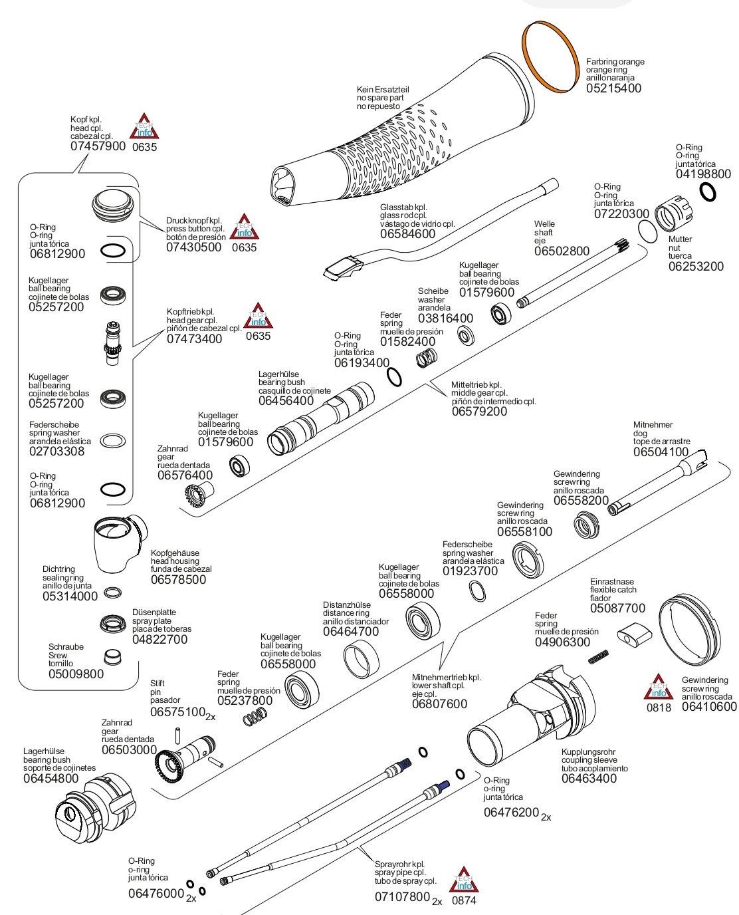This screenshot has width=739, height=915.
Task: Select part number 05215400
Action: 613,88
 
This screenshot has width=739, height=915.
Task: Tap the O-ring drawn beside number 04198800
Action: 708,192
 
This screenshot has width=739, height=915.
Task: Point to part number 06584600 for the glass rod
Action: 407,234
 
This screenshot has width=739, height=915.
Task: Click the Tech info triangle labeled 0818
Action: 658,689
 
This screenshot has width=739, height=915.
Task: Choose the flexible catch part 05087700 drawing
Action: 633,636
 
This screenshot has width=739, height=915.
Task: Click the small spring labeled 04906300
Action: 599,656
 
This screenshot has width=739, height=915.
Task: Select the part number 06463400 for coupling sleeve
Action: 589,779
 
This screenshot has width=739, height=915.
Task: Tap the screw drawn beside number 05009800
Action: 113,657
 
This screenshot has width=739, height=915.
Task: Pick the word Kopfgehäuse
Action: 175,553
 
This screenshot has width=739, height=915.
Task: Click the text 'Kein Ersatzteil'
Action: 382,89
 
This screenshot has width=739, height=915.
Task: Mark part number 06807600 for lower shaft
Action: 439,704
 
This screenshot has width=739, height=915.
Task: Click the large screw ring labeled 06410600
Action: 688,629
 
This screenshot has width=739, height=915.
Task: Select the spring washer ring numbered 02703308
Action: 112,440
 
